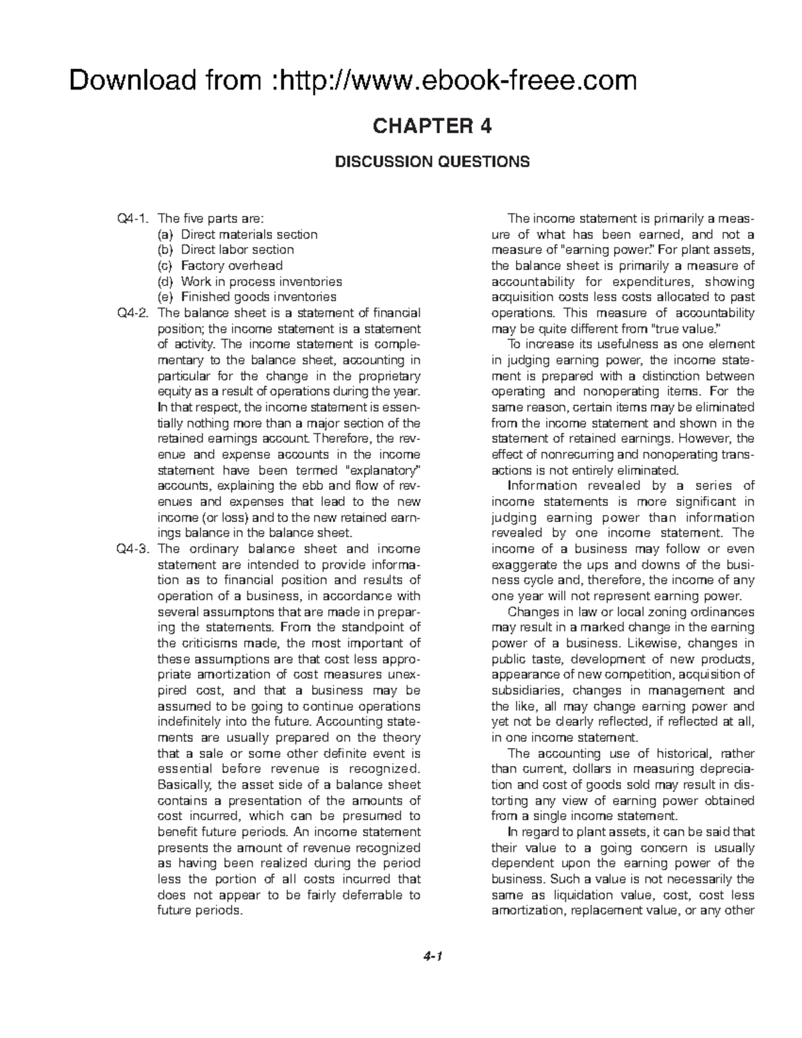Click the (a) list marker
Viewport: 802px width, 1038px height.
coord(165,235)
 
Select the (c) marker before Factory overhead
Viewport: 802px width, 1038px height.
coord(165,266)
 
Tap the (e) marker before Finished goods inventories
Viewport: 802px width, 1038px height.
coord(165,297)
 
